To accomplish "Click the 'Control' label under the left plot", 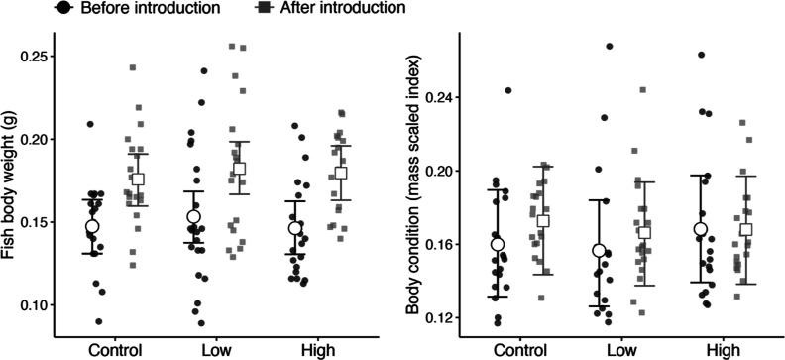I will point(114,350).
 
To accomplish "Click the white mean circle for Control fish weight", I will point(92,226).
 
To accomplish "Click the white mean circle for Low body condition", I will point(599,251).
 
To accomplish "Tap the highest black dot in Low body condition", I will point(611,46).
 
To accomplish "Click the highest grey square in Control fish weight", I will point(133,68).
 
